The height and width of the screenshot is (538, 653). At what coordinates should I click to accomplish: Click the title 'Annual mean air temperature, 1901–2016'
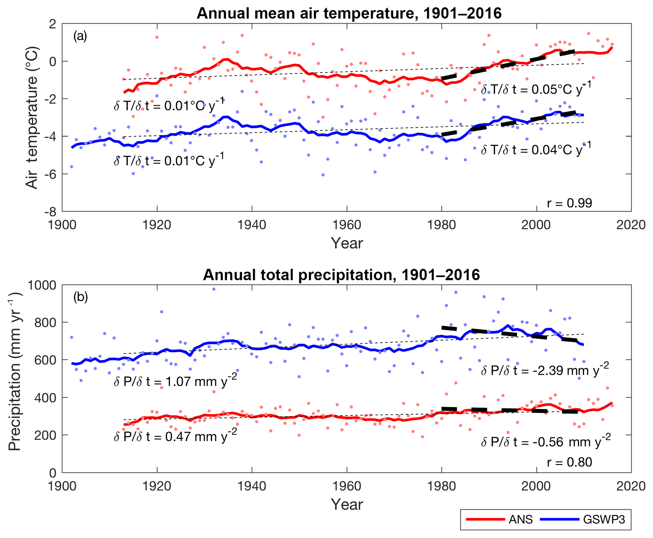coord(349,13)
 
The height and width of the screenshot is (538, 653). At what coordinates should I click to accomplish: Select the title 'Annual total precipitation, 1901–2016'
coord(341,275)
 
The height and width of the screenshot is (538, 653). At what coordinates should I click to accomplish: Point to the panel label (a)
coord(80,36)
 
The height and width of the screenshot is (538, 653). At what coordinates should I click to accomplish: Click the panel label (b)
coord(81,297)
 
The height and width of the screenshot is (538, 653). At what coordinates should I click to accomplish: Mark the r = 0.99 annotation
coord(569,203)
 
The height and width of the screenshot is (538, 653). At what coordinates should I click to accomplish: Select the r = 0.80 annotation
coord(569,462)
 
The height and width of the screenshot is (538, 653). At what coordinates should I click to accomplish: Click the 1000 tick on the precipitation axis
coord(42,285)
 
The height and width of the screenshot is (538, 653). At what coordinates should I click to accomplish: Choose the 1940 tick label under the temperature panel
coord(252,225)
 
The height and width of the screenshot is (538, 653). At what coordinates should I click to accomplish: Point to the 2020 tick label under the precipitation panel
coord(631,486)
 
